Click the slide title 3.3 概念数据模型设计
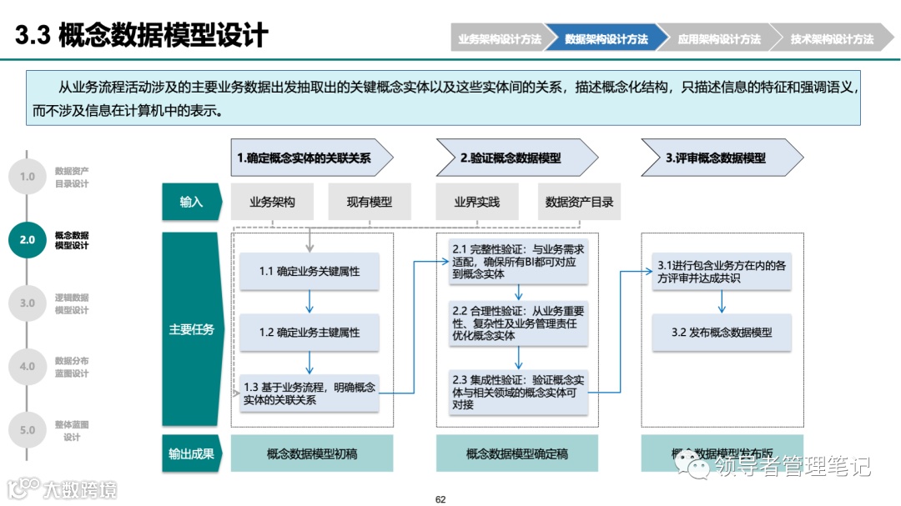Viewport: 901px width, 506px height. (x=142, y=36)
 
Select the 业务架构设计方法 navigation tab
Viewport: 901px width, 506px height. (x=498, y=39)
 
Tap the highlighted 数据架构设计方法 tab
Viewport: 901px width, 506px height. (x=607, y=39)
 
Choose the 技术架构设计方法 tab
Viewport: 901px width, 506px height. (x=831, y=39)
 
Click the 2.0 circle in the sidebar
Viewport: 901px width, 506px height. (x=28, y=240)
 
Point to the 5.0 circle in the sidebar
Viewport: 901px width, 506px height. (x=28, y=430)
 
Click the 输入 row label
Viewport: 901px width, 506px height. (x=191, y=202)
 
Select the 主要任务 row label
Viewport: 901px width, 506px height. (x=191, y=329)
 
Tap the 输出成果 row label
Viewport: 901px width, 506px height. (x=191, y=453)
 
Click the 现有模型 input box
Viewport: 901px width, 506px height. (x=369, y=202)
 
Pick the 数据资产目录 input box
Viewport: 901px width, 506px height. (x=579, y=202)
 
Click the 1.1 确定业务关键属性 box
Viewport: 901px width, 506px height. (x=310, y=271)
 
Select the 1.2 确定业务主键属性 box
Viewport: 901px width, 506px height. (x=310, y=332)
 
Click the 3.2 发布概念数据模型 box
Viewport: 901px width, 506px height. (x=722, y=332)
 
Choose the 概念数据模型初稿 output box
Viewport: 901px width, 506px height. (x=311, y=453)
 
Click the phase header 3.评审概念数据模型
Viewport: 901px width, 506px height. (x=717, y=158)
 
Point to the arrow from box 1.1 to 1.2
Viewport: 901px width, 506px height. (x=310, y=301)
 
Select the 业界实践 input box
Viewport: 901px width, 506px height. (x=476, y=202)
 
